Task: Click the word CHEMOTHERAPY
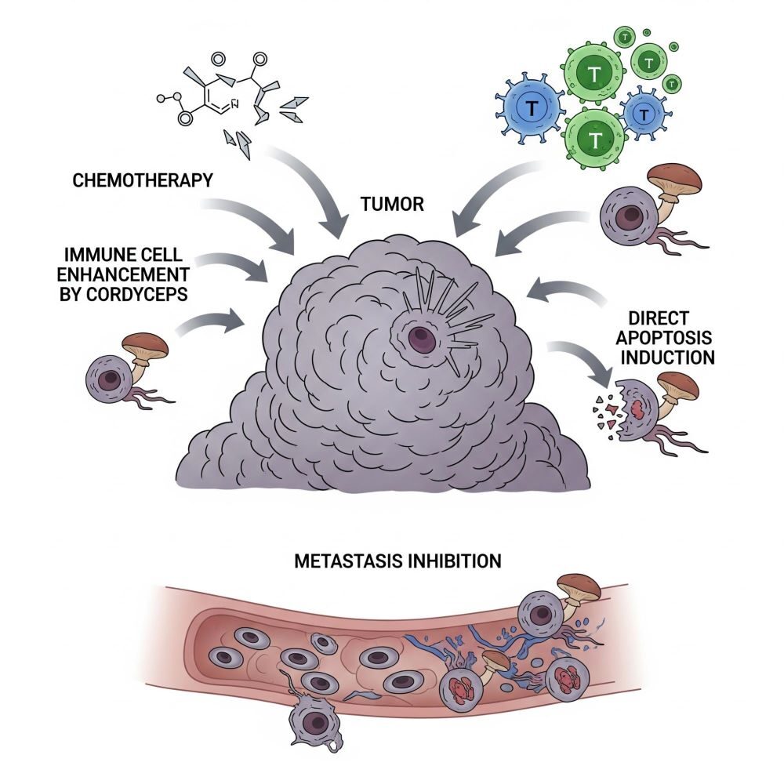(142, 180)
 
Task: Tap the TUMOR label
(392, 205)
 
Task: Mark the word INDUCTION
(672, 358)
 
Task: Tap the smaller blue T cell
(643, 114)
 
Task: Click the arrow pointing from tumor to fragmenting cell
(580, 363)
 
